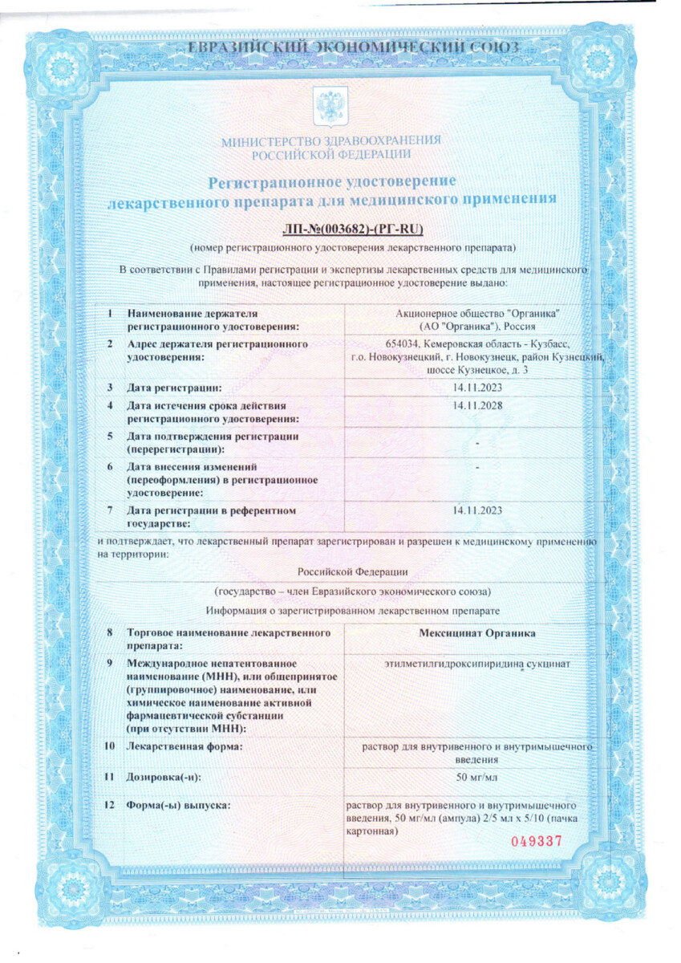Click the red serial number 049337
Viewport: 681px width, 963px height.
point(537,842)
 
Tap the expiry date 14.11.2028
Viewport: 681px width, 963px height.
point(477,404)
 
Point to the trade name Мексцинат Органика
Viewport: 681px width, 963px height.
point(477,633)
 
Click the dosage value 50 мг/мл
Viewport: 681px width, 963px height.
point(477,776)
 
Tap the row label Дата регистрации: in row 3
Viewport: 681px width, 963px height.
point(173,388)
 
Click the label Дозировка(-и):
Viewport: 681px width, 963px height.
point(164,777)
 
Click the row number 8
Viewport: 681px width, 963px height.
point(110,633)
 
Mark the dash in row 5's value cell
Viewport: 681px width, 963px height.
point(477,443)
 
